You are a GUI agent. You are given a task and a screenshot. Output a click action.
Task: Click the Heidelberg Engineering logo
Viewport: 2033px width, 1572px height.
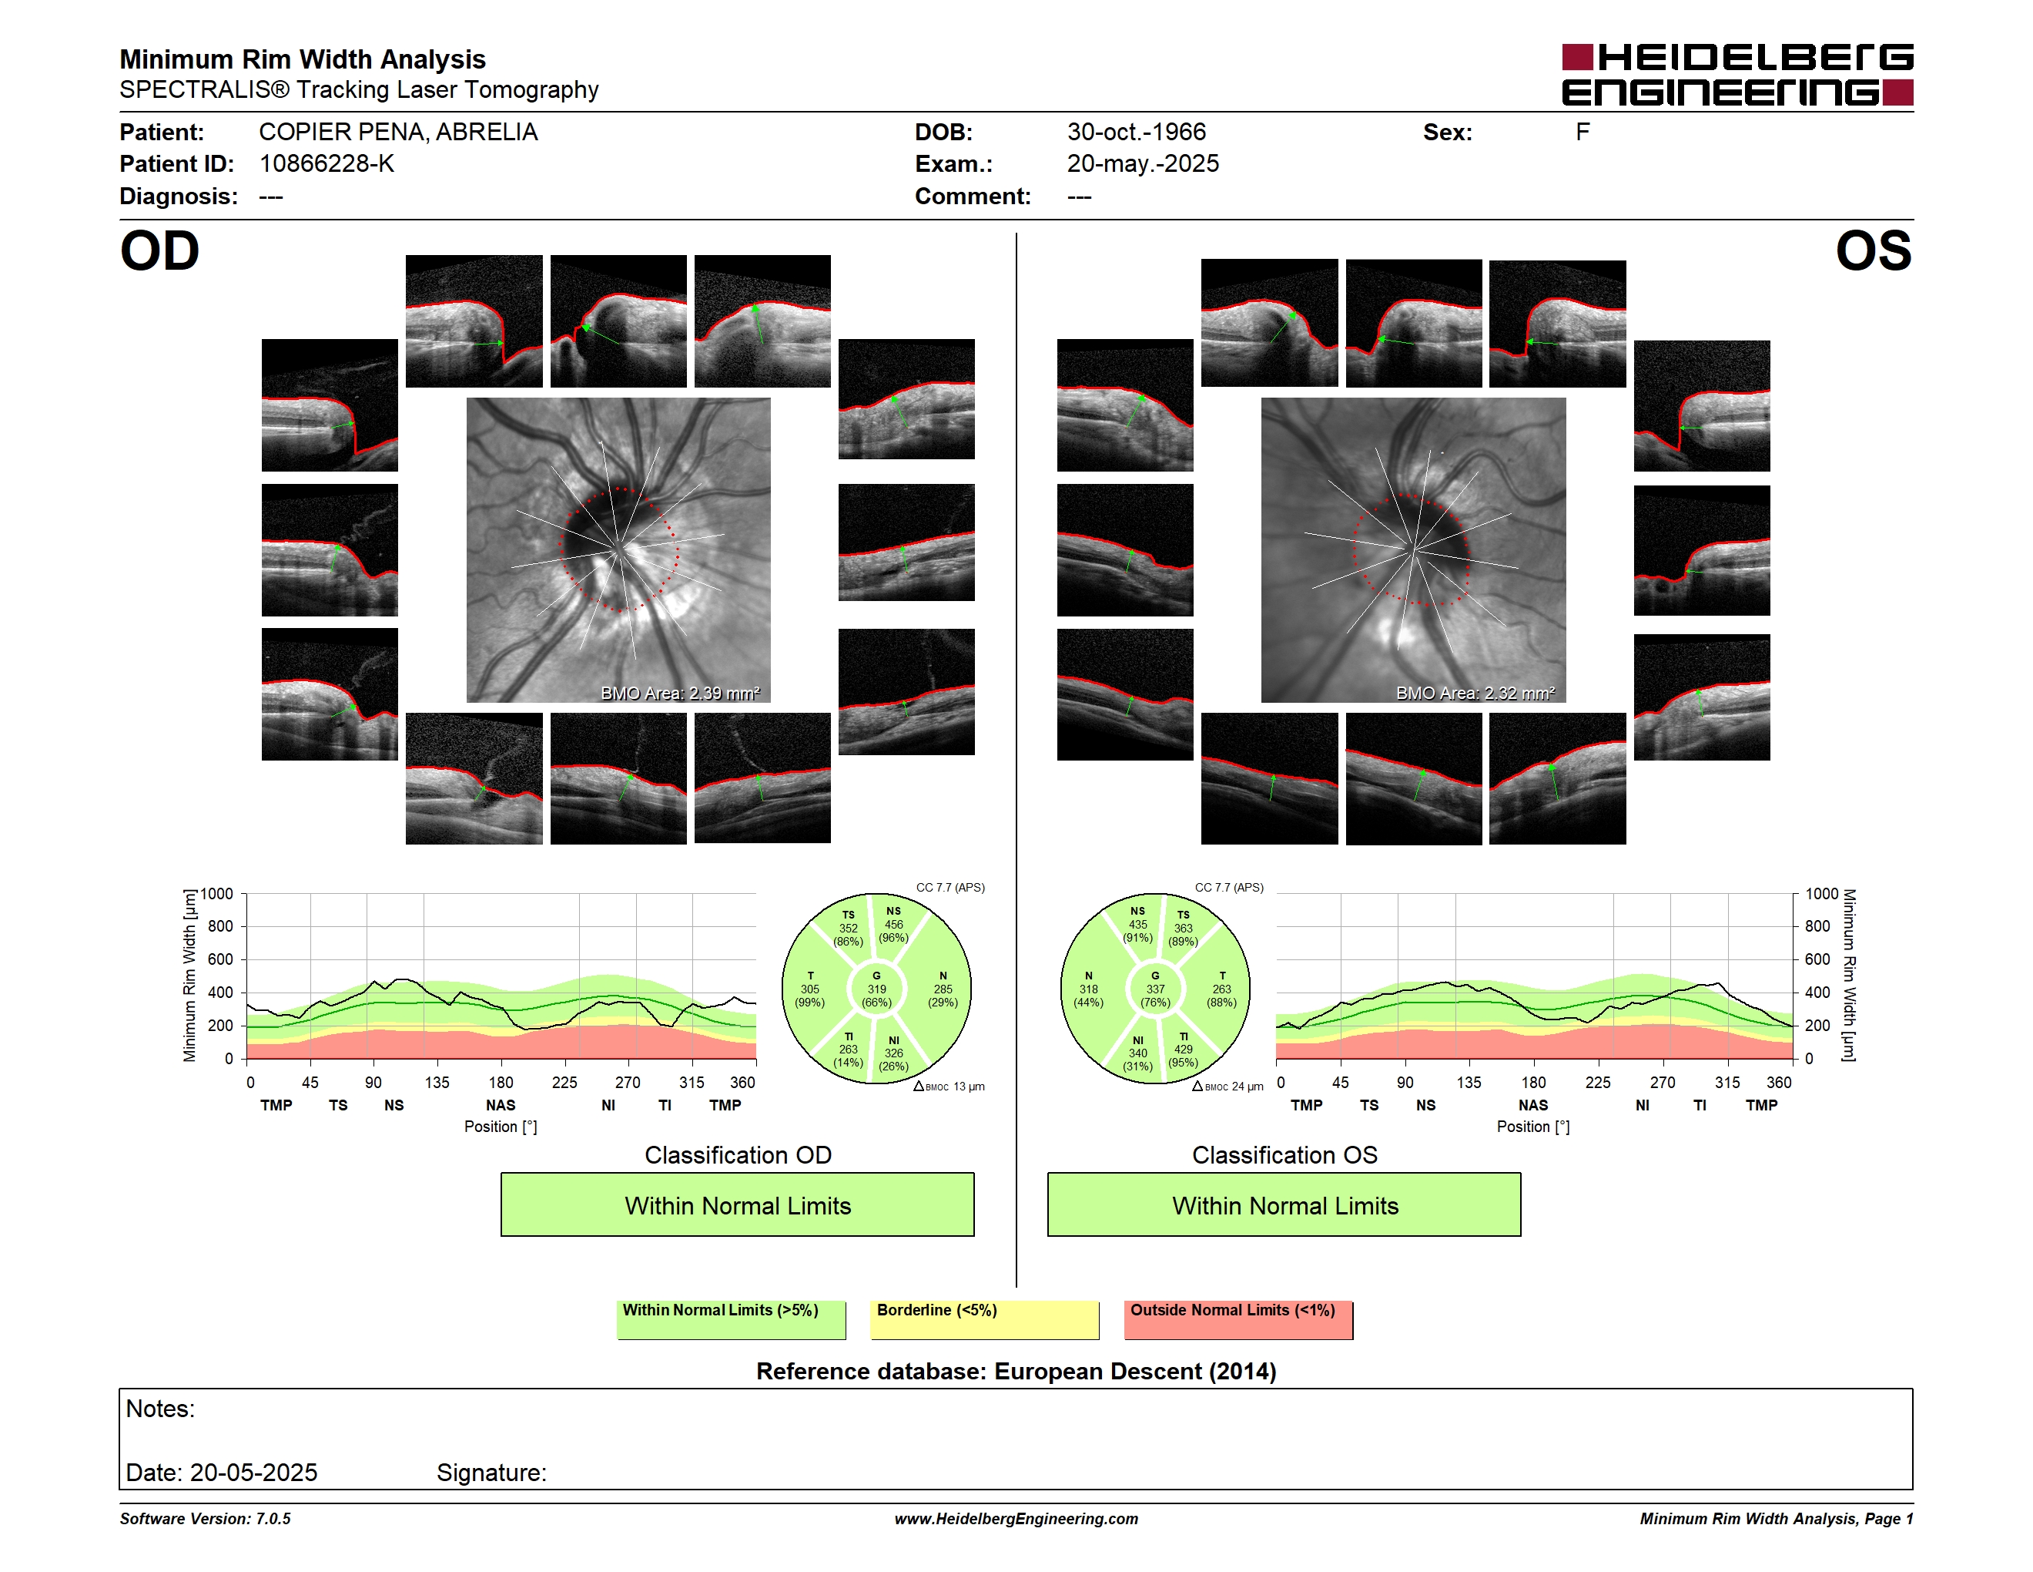pos(1737,75)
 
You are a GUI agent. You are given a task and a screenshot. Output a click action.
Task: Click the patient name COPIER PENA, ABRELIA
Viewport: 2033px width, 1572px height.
pos(398,133)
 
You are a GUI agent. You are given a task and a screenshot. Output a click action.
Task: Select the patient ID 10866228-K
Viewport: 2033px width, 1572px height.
pos(327,164)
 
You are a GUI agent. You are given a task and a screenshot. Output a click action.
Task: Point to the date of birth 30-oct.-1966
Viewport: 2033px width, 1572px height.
pos(1137,133)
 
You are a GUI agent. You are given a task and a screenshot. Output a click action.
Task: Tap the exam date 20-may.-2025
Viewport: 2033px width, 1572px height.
pos(1143,164)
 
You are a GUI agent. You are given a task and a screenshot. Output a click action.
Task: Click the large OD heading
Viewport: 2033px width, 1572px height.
pos(159,251)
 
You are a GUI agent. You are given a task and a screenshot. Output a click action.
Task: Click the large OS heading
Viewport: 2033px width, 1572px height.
pos(1874,251)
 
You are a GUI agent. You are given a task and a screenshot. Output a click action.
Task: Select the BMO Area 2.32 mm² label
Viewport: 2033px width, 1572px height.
pos(1475,693)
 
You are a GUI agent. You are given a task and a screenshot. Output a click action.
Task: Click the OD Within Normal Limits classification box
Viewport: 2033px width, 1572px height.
pos(737,1204)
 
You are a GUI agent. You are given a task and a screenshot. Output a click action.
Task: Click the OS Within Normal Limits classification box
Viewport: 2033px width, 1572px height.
pos(1284,1204)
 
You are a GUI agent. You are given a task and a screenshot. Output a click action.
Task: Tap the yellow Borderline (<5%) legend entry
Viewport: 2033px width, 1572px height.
pos(985,1319)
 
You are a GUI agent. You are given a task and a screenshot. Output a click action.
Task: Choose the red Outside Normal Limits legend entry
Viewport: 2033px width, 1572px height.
pos(1238,1319)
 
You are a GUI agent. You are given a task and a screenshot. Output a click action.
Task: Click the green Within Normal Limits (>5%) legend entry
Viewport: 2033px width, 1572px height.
pos(732,1319)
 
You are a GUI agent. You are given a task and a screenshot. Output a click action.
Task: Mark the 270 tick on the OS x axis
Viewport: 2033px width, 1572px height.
pos(1663,1082)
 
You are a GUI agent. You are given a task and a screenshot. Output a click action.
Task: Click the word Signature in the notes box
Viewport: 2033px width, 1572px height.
pos(491,1473)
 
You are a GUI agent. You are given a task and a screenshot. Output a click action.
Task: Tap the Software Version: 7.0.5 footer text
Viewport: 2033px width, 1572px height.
pos(205,1519)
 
